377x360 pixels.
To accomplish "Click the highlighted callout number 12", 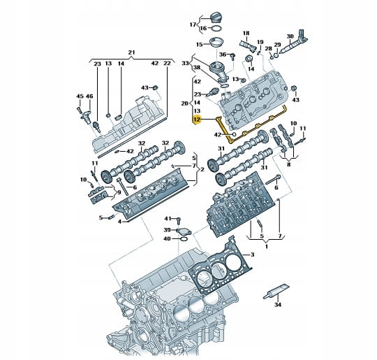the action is [197, 120].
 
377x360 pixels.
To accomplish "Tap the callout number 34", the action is [278, 305].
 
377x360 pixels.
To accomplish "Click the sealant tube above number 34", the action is [276, 291].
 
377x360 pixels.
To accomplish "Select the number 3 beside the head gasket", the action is [252, 254].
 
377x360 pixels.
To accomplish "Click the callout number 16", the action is [203, 29].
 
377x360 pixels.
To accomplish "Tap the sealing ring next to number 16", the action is [216, 29].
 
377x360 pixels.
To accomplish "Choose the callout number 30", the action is [290, 36].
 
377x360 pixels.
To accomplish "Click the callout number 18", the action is [246, 33].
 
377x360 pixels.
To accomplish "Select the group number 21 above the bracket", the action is [131, 52].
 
